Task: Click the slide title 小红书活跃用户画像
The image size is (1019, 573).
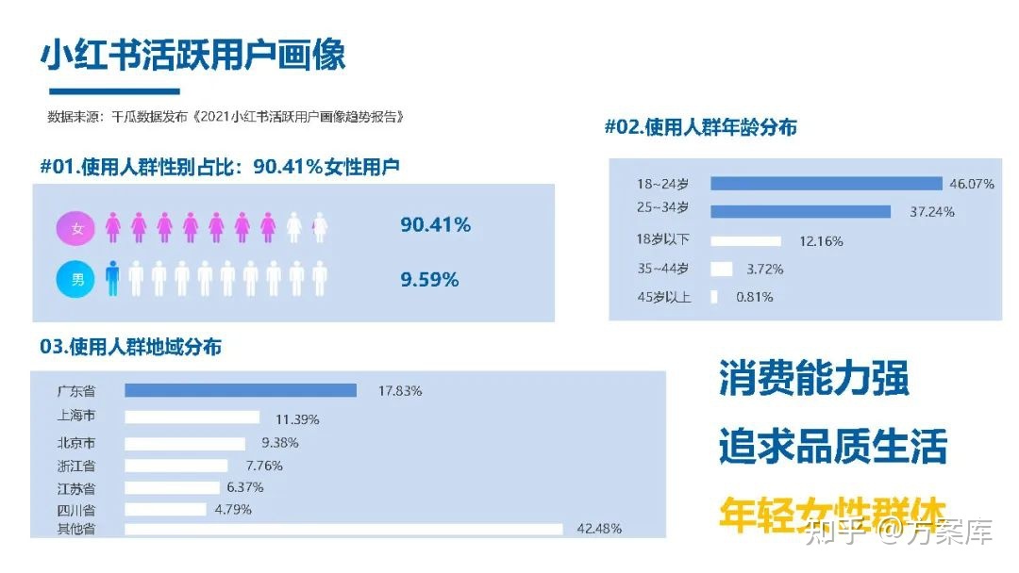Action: [x=192, y=54]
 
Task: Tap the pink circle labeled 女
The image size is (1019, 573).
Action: [x=76, y=228]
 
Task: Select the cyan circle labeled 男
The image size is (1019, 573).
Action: [x=76, y=279]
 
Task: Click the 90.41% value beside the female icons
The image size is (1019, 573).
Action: [x=435, y=225]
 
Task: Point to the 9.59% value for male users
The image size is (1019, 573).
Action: [x=429, y=280]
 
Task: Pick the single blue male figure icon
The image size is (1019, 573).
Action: [x=113, y=279]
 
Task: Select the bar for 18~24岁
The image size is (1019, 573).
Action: [x=826, y=184]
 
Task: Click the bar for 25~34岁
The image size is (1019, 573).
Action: [x=800, y=211]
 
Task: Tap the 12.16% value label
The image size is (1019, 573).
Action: [x=821, y=241]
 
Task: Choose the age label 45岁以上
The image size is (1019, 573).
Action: [x=663, y=297]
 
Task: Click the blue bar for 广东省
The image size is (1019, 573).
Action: [x=241, y=390]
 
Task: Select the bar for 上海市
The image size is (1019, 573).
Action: [x=192, y=417]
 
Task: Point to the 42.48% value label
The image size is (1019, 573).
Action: [x=598, y=529]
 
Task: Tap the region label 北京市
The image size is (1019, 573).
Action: [x=76, y=443]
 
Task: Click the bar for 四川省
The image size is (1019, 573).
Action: [x=165, y=510]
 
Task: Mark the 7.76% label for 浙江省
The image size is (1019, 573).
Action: [x=263, y=466]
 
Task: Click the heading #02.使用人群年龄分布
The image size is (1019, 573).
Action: [x=700, y=127]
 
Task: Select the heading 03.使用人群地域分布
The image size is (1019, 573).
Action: [x=130, y=347]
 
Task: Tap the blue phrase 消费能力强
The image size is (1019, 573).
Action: [x=813, y=378]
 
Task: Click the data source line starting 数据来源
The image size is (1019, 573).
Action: [x=226, y=117]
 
